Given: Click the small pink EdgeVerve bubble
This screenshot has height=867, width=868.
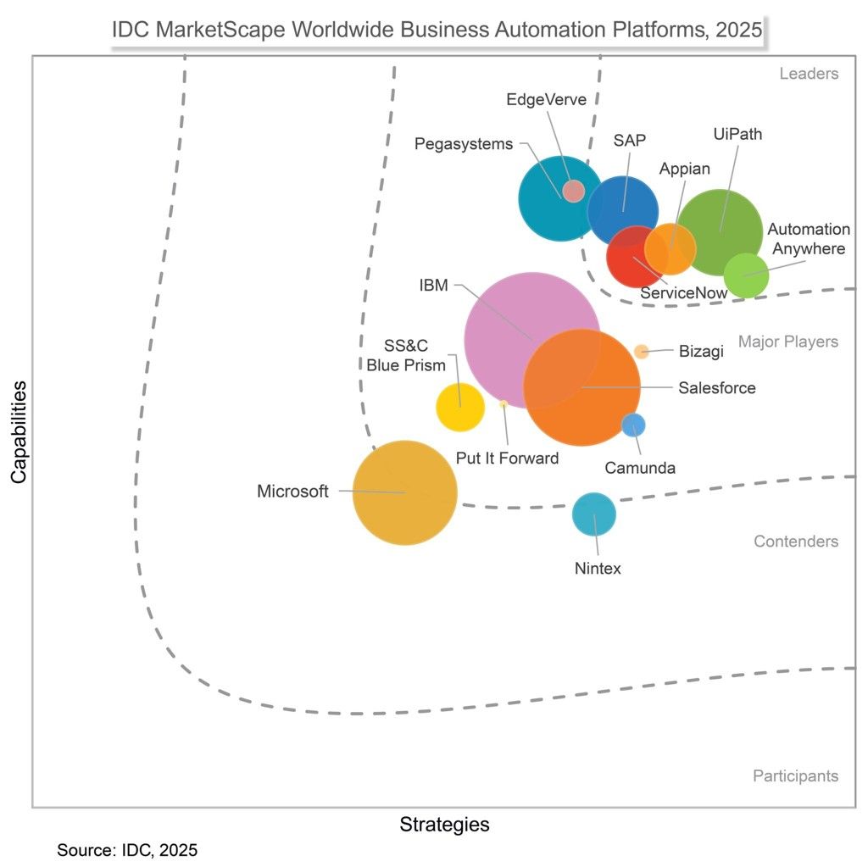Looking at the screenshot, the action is (x=574, y=191).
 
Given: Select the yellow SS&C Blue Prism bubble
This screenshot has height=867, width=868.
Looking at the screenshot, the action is (x=460, y=407).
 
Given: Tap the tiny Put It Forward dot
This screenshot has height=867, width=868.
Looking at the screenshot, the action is (x=504, y=404).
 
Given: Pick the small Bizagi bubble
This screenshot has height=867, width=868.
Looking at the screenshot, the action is (x=641, y=352).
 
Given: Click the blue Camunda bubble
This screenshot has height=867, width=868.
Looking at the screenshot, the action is (x=633, y=425).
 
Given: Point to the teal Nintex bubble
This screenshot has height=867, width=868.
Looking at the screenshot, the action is (x=594, y=514).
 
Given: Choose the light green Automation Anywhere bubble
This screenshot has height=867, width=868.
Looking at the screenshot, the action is (x=746, y=275).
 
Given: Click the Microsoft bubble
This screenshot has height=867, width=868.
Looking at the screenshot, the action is (x=404, y=492).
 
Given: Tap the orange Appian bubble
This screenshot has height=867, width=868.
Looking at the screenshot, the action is (x=670, y=249).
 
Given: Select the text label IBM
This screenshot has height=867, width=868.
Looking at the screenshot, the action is (x=433, y=285).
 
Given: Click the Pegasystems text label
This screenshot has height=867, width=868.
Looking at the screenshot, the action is (x=464, y=144).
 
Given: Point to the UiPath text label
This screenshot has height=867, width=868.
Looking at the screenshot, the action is (x=737, y=134).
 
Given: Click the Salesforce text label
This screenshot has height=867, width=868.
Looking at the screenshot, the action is (x=717, y=387).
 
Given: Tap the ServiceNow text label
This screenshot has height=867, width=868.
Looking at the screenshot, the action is (x=684, y=293).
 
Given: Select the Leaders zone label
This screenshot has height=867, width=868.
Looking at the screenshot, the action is (x=809, y=74).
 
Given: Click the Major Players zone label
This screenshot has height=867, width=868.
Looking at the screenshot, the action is (x=788, y=342).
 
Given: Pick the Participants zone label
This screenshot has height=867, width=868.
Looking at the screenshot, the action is (x=795, y=775).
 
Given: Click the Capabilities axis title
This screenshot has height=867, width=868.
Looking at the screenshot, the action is (x=19, y=432).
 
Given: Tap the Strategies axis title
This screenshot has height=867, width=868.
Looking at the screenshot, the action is (x=444, y=825).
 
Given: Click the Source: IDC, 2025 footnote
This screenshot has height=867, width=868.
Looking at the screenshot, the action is (x=127, y=850).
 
